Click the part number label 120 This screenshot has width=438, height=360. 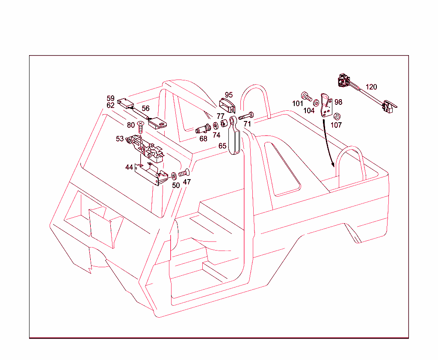371,87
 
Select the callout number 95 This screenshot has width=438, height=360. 229,94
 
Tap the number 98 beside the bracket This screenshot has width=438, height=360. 338,102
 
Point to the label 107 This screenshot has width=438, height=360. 336,125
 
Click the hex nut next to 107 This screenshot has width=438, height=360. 337,116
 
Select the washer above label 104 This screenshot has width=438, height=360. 316,103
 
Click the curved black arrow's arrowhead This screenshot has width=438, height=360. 332,166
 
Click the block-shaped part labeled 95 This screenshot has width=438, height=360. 227,105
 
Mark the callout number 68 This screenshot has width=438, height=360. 203,139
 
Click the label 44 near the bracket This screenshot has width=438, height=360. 129,167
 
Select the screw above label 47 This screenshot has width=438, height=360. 184,173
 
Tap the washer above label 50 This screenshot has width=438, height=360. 175,176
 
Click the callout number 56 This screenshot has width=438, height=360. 145,108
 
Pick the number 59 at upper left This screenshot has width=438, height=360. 111,98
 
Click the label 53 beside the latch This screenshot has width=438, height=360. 120,139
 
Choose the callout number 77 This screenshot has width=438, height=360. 220,116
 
